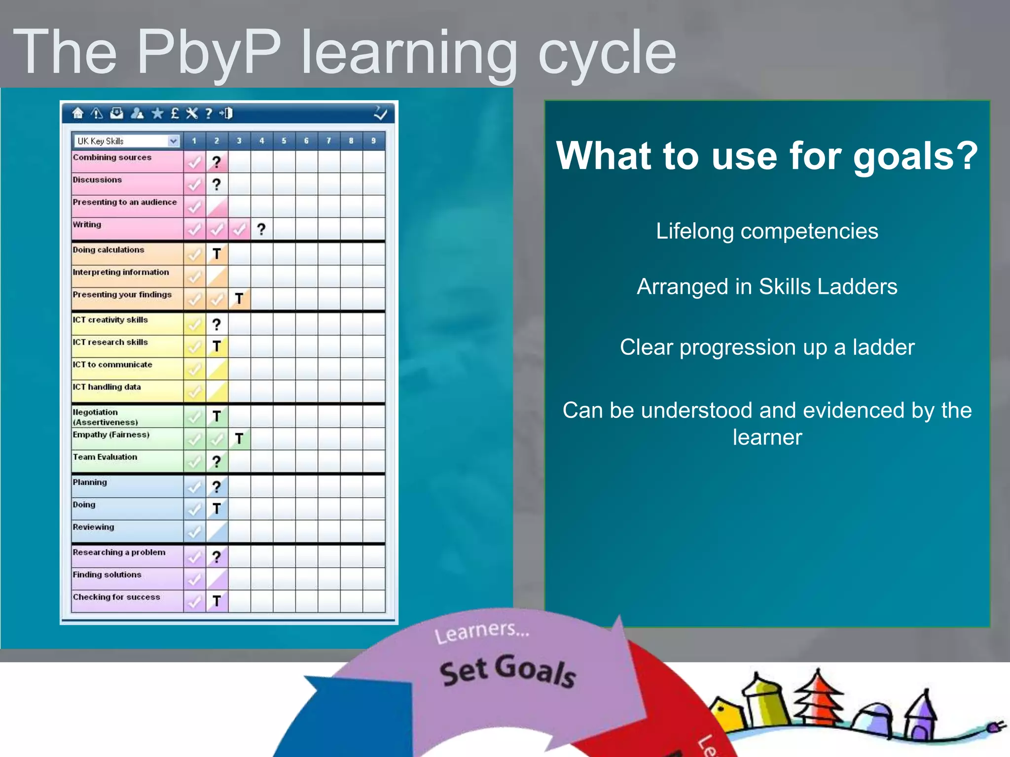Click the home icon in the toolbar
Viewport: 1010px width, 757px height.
(78, 113)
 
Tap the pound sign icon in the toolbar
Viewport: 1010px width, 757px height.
(175, 113)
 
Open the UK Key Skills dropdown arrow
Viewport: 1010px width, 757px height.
(173, 141)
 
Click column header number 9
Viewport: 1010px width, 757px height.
(373, 141)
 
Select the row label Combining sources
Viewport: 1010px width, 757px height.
(112, 157)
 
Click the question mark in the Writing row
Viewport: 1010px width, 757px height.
(261, 229)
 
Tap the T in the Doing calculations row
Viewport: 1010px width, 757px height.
(216, 254)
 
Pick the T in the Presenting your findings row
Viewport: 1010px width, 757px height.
(239, 299)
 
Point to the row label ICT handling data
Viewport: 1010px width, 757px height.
(107, 387)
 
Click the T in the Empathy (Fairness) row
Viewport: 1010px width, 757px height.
(239, 439)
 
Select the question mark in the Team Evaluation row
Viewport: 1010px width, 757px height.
(216, 462)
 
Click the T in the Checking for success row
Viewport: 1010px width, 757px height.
(216, 601)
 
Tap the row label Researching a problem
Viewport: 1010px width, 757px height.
(119, 552)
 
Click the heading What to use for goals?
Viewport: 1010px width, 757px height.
(767, 156)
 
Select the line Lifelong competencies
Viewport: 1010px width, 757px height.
(767, 231)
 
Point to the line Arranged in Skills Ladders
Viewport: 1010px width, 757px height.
(767, 287)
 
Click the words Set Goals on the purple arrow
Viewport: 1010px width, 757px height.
(508, 671)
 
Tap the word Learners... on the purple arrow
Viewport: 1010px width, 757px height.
(482, 632)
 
